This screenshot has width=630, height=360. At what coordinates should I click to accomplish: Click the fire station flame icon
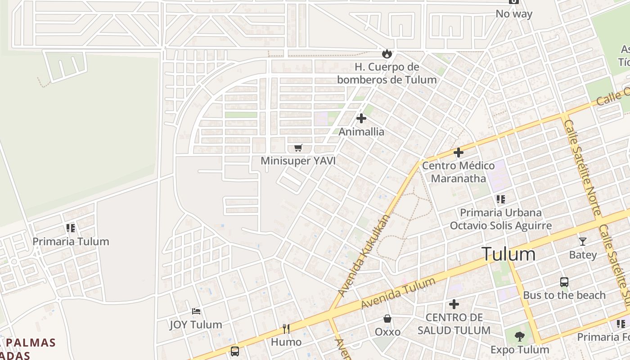click(387, 54)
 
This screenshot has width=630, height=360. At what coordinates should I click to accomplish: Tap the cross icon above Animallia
click(361, 118)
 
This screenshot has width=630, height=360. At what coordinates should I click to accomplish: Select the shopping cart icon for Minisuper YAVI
click(298, 148)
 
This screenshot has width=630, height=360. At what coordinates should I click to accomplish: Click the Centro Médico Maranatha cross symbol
click(459, 153)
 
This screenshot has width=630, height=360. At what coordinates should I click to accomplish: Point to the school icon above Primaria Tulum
click(70, 228)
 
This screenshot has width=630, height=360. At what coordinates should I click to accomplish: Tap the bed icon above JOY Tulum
click(196, 311)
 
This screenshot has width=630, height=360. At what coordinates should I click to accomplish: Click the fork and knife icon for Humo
click(286, 328)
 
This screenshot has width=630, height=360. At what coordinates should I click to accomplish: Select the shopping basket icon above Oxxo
click(387, 319)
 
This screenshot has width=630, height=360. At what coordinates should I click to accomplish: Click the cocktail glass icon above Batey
click(583, 242)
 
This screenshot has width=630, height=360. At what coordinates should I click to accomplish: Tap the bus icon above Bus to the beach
click(564, 282)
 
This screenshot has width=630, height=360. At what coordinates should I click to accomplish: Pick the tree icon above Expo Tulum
click(520, 336)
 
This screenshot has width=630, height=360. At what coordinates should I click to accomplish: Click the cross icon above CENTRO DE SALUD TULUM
click(454, 304)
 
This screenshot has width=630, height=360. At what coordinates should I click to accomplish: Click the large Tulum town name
click(508, 254)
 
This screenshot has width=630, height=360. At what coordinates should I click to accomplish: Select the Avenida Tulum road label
click(398, 293)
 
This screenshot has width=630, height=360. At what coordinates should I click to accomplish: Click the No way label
click(514, 14)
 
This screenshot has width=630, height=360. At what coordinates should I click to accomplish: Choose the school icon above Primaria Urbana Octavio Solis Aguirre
click(500, 199)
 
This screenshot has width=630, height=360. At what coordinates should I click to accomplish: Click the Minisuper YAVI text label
click(298, 161)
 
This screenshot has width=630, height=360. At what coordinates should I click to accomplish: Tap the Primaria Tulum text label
click(71, 241)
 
